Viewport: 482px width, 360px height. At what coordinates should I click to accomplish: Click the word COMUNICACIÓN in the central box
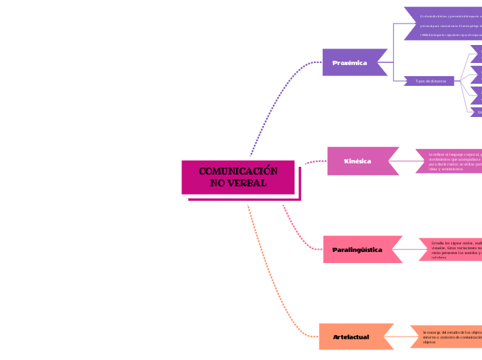(238, 171)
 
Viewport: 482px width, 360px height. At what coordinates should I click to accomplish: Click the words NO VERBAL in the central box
(238, 183)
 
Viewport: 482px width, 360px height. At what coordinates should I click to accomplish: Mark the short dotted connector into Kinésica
(315, 162)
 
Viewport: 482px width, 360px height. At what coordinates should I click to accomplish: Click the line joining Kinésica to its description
(407, 161)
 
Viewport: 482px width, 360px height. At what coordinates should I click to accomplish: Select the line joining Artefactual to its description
(402, 336)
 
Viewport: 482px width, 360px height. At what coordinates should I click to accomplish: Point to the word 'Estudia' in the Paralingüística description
(438, 243)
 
